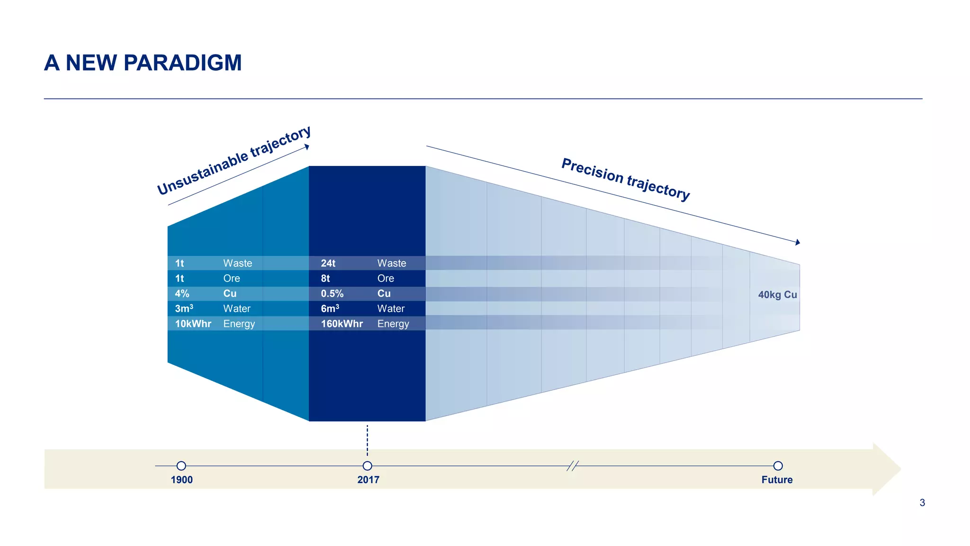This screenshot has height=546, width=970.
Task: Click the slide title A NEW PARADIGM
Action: (143, 63)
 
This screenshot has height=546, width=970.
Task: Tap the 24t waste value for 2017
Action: (328, 263)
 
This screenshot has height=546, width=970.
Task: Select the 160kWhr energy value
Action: (341, 324)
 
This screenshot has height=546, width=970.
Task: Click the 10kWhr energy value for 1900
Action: (193, 324)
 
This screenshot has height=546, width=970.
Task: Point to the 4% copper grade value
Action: (182, 293)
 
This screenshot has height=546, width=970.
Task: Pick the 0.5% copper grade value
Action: (332, 293)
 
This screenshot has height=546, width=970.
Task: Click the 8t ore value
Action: (325, 278)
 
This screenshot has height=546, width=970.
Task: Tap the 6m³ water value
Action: (330, 309)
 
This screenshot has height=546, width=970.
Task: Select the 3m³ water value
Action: (184, 309)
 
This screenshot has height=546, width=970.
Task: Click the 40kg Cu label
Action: (777, 294)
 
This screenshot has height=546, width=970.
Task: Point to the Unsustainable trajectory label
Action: (234, 160)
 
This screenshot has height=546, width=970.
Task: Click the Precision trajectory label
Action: (625, 179)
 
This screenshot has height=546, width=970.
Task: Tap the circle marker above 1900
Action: (181, 466)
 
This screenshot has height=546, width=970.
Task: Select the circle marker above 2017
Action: (367, 466)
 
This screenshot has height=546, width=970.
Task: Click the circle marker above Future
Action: (778, 466)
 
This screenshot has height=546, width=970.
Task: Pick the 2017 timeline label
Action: (368, 480)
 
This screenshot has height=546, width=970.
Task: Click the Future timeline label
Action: (777, 480)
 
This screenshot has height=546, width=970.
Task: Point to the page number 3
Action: (922, 502)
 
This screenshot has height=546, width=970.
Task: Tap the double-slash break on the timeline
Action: (573, 466)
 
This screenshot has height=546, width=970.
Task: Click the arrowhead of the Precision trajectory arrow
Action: (798, 242)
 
